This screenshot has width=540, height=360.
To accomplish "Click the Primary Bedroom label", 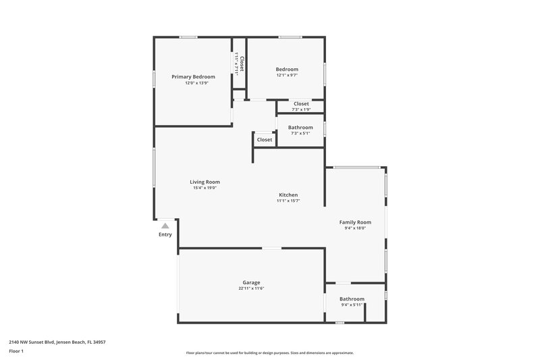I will [x=193, y=77].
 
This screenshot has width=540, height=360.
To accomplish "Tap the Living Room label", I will [x=205, y=182].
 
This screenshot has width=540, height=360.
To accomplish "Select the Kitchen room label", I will [x=288, y=195].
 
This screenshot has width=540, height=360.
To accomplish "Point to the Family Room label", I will [x=355, y=222].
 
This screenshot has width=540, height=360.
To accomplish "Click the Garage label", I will [x=251, y=282].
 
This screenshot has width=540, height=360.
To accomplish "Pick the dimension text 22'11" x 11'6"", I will [x=251, y=288].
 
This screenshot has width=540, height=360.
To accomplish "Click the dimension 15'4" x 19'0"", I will [x=205, y=188].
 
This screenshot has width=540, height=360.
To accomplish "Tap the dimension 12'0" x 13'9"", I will [x=193, y=83].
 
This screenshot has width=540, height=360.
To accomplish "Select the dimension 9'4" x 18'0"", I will [x=355, y=228].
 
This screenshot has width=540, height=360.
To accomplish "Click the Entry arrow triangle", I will [x=165, y=226].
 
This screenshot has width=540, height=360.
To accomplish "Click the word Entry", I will [x=165, y=234].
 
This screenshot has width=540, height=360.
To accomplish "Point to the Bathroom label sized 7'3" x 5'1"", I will [x=300, y=127].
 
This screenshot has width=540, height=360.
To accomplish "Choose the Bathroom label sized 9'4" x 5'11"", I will [x=352, y=299].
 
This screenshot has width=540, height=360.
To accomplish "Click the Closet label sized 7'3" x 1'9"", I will [x=301, y=103].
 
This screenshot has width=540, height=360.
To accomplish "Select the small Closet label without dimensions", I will [x=265, y=140].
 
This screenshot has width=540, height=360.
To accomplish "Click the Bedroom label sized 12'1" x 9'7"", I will [x=287, y=70].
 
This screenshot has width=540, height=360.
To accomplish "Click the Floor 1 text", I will [x=16, y=352].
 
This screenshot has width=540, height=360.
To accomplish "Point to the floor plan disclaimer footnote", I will [x=270, y=353].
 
